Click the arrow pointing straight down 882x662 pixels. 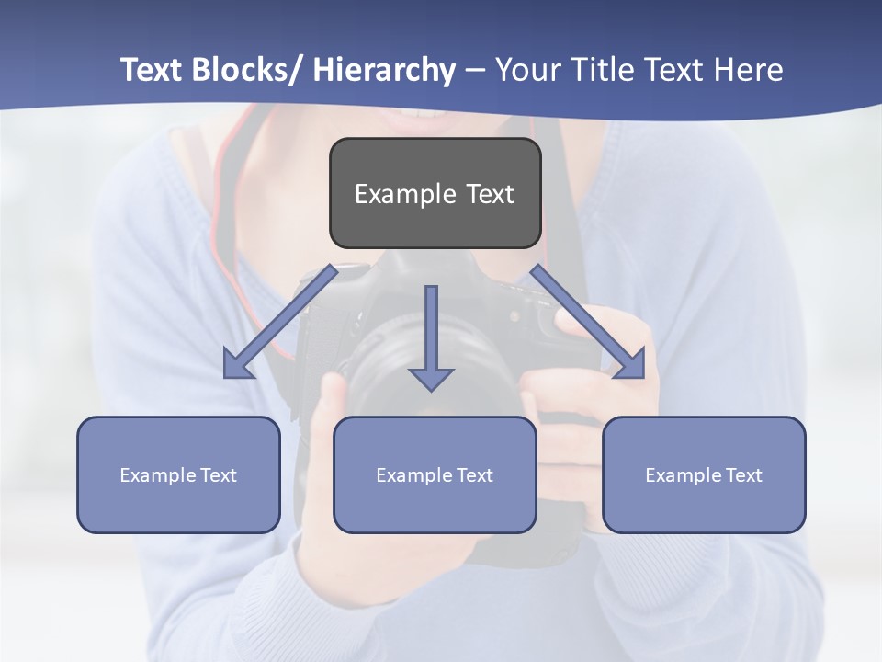coord(431,337)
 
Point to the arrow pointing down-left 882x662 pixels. coord(280,322)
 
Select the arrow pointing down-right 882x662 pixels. coord(588,322)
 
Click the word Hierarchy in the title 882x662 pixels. coord(383,70)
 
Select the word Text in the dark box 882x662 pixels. coord(490,194)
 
